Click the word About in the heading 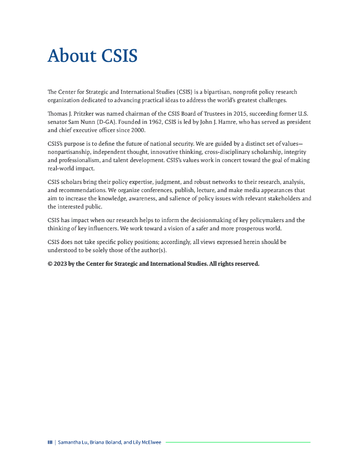pyautogui.click(x=72, y=56)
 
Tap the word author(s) pyautogui.click(x=151, y=250)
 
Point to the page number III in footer pyautogui.click(x=50, y=442)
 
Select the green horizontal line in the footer pyautogui.click(x=238, y=442)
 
